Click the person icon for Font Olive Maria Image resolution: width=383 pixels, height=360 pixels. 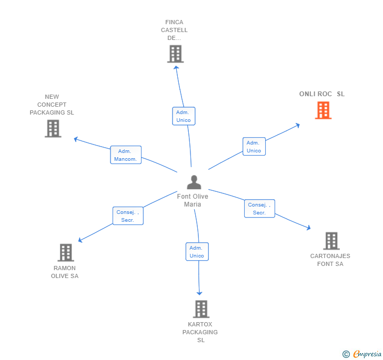pos(194,182)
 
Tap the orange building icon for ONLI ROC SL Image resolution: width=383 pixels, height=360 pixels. pos(323,110)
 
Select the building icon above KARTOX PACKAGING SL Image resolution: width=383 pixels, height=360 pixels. pos(201,309)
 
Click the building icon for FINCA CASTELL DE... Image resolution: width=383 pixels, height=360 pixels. pos(175,54)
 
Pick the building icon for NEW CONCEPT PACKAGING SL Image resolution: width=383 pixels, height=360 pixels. pos(53,128)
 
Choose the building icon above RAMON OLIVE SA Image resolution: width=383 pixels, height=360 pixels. pos(65,252)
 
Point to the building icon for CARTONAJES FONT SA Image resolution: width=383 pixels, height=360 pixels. pos(331,241)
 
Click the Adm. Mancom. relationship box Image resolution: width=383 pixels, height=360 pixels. pos(126,155)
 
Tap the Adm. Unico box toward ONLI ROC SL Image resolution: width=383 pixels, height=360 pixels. pos(254,147)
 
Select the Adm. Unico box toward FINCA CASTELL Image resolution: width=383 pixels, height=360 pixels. pos(184,116)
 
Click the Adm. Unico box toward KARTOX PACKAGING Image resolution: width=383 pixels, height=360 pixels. pos(197,252)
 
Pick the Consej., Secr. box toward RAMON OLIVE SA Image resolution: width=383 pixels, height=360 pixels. pos(128,216)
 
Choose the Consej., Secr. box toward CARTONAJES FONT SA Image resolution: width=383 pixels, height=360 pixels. pos(259,209)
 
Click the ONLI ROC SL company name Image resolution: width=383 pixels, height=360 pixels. pos(322,94)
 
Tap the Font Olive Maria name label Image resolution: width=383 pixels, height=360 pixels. pos(193,200)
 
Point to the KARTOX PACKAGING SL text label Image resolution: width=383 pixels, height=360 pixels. pos(200,332)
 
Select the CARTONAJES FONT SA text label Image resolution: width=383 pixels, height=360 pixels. pos(330,260)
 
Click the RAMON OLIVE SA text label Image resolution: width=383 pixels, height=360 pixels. pos(65,272)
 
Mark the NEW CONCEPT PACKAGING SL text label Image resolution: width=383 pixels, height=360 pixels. pos(52,105)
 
